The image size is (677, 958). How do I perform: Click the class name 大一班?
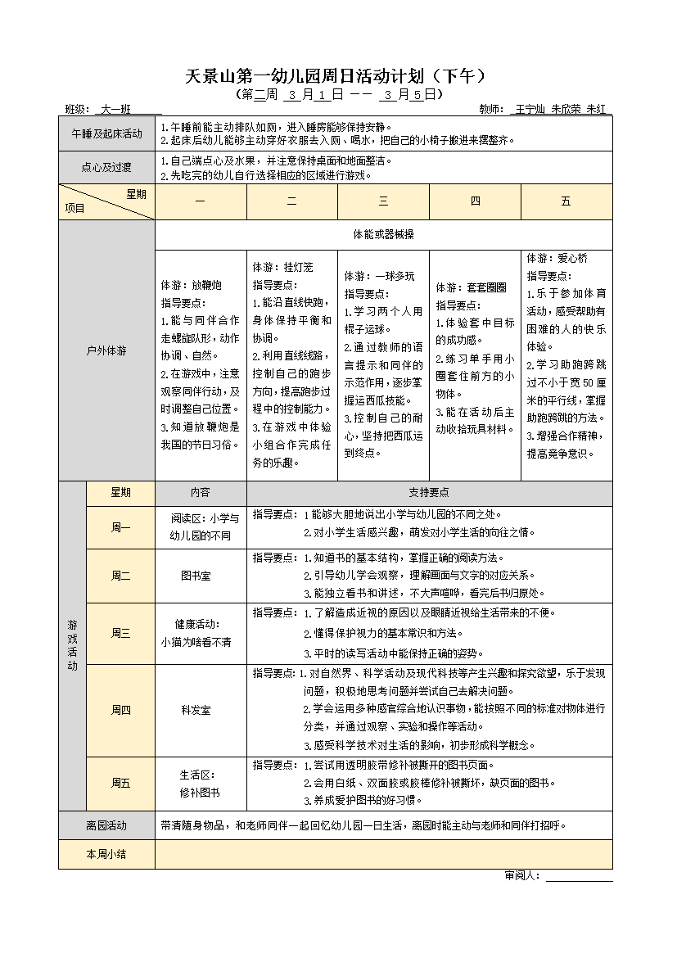tap(115, 109)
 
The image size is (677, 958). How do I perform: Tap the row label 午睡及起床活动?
tap(106, 133)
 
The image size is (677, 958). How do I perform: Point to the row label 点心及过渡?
tap(106, 168)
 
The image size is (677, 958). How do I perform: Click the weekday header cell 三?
tap(383, 201)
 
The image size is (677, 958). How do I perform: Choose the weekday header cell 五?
tap(566, 201)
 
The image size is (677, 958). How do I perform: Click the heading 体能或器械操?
tap(383, 234)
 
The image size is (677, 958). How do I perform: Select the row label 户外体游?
tap(106, 350)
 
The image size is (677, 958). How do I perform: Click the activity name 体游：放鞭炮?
tap(191, 286)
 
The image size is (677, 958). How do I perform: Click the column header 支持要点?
tap(429, 493)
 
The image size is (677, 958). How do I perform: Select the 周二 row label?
tap(120, 576)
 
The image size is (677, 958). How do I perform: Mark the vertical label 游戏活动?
tap(72, 645)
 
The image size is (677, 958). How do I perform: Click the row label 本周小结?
tap(106, 854)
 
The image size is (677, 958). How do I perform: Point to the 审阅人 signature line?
tap(579, 877)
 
